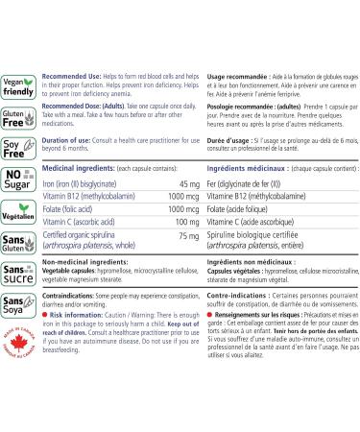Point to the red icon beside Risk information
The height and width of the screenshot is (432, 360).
[49, 312]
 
